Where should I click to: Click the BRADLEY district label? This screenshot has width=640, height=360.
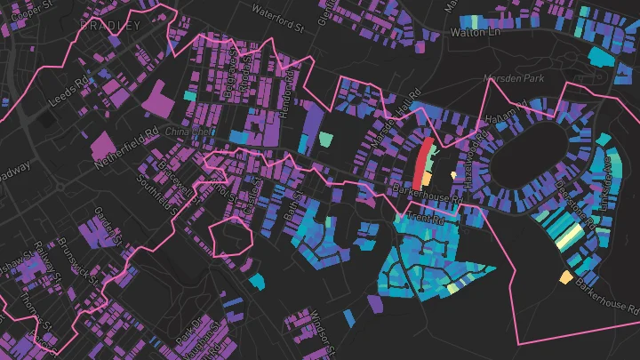tap(110, 27)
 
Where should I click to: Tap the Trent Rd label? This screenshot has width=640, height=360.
tap(424, 218)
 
